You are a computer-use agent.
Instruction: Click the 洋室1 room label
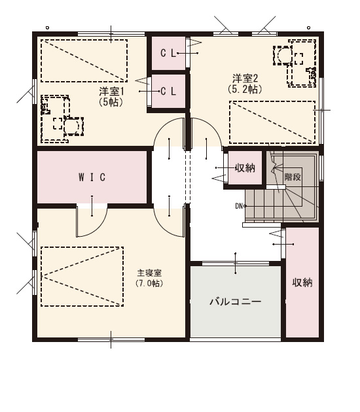pos(111,92)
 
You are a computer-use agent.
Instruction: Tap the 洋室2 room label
pos(245,78)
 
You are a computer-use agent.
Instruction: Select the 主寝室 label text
pos(149,273)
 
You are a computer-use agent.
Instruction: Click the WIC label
pos(92,177)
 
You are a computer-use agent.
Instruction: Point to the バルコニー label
pos(236,301)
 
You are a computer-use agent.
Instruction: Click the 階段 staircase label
pos(293,177)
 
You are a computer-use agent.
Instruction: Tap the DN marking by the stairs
pos(239,206)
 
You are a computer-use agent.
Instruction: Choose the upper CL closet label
pos(168,54)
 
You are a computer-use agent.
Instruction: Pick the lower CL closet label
pos(168,92)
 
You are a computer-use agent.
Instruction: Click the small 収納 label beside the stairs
pos(245,167)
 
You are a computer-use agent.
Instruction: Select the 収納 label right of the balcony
pos(302,283)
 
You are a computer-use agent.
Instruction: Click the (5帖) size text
pos(111,102)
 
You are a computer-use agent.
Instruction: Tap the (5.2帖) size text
pos(245,89)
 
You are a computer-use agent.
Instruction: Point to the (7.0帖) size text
pos(149,283)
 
